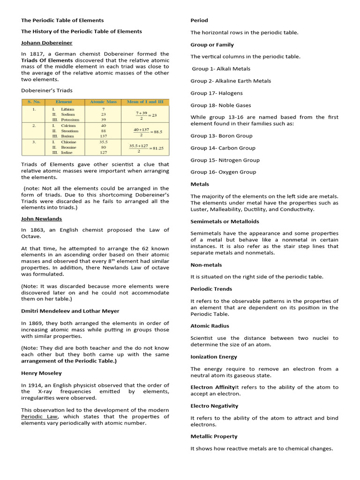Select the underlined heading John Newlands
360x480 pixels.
coord(42,218)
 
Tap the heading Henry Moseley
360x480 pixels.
coord(41,373)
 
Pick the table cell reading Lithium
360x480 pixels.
coord(67,109)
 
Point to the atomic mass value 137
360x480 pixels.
coord(103,136)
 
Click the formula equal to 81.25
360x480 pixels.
coord(146,148)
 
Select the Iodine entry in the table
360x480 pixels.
coord(67,152)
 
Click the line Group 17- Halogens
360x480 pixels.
coord(217,93)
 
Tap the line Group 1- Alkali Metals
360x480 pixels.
coord(221,69)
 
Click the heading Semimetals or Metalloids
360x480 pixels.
coord(225,221)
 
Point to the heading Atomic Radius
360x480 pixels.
coord(210,326)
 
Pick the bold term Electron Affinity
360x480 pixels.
coord(212,387)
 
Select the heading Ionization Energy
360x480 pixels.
coord(214,357)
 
